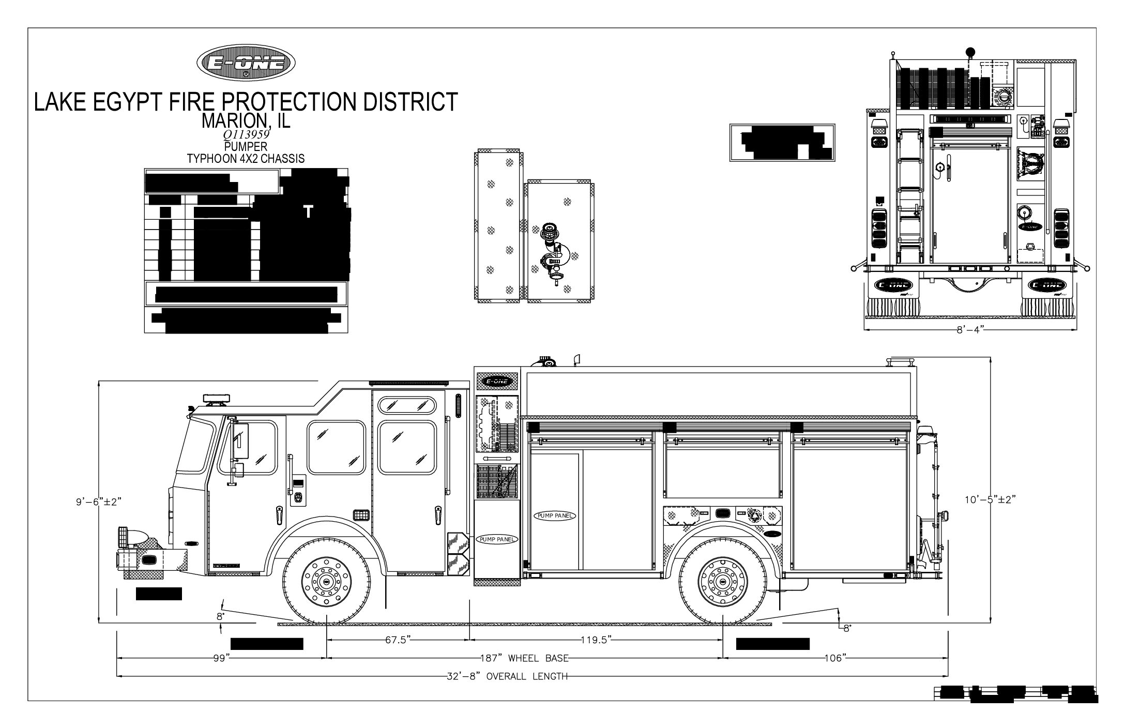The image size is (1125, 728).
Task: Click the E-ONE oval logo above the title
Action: click(x=246, y=63)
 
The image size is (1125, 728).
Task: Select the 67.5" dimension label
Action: click(x=397, y=640)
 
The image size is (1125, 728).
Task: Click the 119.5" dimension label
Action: click(x=596, y=640)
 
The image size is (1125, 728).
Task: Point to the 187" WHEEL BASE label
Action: click(x=523, y=658)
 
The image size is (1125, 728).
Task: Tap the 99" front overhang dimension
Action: click(x=220, y=658)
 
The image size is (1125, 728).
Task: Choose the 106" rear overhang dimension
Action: click(x=835, y=658)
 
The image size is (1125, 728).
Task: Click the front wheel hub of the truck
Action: click(x=327, y=582)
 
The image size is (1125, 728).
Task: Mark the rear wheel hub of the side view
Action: click(x=722, y=582)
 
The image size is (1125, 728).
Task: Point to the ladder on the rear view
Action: click(x=909, y=196)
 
